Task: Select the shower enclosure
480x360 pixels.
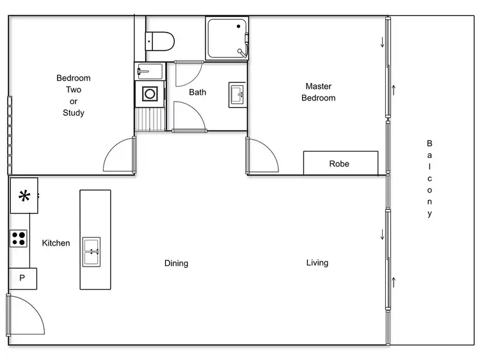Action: click(227, 38)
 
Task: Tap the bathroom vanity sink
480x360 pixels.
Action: click(237, 95)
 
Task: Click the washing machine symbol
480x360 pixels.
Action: click(150, 94)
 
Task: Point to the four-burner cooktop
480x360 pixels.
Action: click(19, 239)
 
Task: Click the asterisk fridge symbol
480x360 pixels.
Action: click(24, 196)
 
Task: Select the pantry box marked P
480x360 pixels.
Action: click(22, 278)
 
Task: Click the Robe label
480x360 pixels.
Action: click(339, 164)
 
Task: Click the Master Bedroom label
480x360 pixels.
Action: click(318, 92)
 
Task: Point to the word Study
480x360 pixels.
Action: click(74, 113)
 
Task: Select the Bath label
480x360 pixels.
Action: click(197, 92)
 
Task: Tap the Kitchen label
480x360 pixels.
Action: click(56, 243)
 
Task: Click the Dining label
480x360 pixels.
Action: click(176, 263)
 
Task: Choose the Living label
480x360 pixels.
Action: click(317, 262)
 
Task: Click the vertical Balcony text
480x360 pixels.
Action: click(429, 179)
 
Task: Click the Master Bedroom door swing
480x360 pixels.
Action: click(262, 157)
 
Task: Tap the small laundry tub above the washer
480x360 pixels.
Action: click(150, 70)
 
